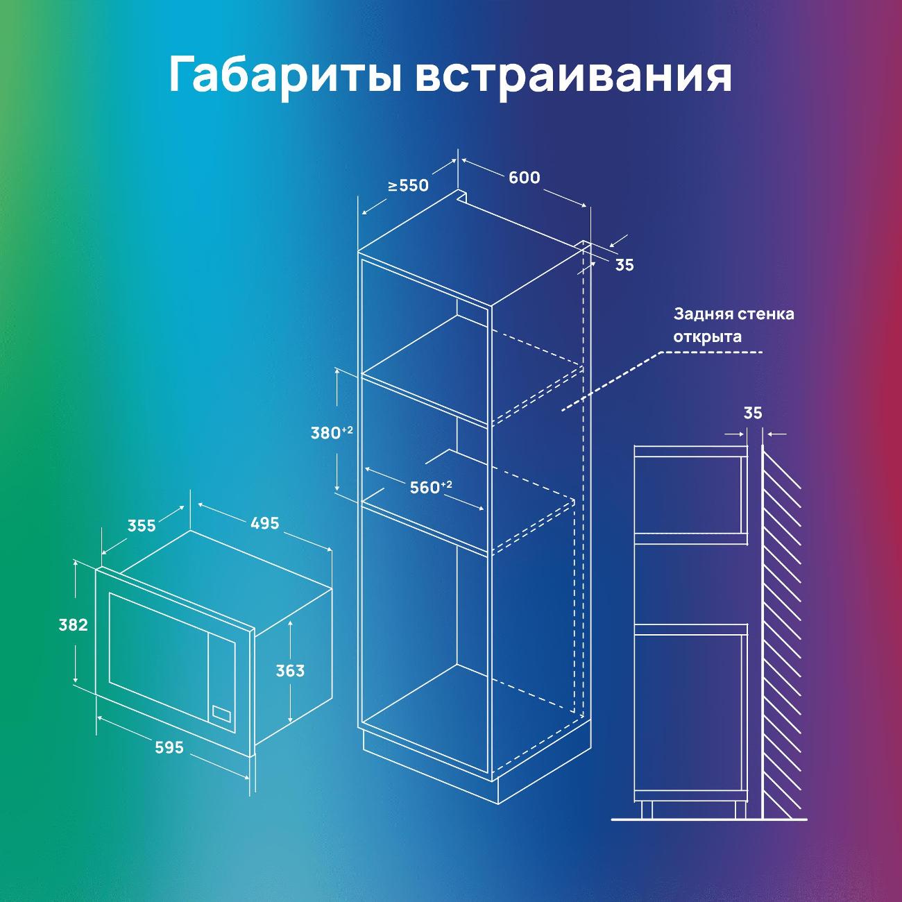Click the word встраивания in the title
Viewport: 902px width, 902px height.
(574, 76)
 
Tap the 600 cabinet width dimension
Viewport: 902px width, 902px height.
(525, 178)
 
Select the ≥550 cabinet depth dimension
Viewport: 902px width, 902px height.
(408, 186)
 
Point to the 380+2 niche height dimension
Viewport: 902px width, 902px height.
(332, 432)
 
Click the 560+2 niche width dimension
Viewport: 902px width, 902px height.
(431, 487)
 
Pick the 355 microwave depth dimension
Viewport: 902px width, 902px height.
(142, 526)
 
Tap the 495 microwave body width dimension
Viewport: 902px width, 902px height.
(265, 523)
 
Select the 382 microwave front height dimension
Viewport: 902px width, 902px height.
(73, 624)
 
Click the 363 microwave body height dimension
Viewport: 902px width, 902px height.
(290, 671)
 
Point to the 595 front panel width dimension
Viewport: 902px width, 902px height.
(169, 747)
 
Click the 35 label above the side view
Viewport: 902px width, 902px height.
(753, 414)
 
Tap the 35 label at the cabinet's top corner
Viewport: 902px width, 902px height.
(624, 265)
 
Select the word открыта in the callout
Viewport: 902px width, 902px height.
(707, 337)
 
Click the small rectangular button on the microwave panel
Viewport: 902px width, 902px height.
(221, 713)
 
